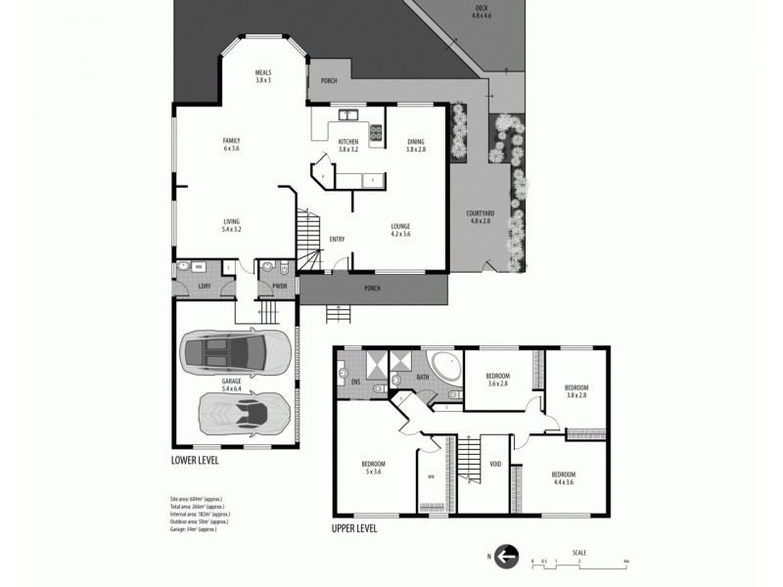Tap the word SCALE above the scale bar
pos(579,552)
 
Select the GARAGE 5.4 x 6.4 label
pos(231,384)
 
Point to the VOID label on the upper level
pos(495,464)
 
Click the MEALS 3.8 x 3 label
pos(262,75)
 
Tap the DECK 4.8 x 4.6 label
pos(481,12)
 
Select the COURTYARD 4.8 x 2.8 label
pos(480,217)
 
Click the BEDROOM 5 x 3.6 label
pos(373,467)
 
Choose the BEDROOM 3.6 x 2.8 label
pos(497,380)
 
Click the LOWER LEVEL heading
pos(195,459)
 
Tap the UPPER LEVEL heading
pos(352,528)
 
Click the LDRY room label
pos(205,287)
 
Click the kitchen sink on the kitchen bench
pos(345,116)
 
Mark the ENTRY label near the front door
pos(337,239)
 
